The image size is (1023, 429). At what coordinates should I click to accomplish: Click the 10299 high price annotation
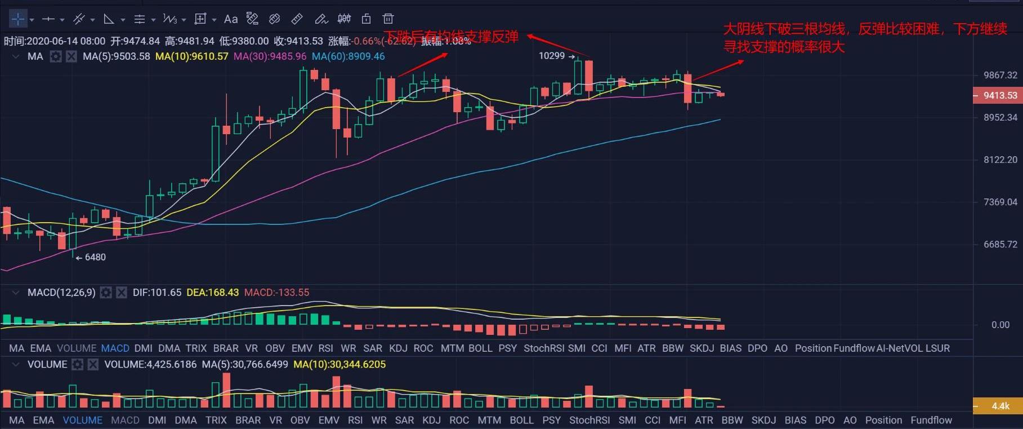point(552,56)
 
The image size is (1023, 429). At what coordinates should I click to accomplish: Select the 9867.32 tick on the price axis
point(1000,75)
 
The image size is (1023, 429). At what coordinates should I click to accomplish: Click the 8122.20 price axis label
point(1000,160)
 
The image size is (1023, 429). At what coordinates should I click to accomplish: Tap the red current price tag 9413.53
point(1000,95)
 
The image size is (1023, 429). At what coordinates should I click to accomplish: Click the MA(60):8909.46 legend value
point(348,56)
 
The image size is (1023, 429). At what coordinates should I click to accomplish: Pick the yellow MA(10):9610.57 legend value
point(191,56)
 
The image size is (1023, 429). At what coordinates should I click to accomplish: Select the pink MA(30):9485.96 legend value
point(270,56)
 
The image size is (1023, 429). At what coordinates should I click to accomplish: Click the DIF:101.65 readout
point(157,293)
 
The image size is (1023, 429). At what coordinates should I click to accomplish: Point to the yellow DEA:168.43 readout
point(212,293)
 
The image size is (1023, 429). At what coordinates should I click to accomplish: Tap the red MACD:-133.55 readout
point(276,293)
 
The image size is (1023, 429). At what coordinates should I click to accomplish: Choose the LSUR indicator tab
point(937,348)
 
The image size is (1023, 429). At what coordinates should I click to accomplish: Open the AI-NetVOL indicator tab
point(900,348)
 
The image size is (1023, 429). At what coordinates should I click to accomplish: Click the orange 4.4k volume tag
point(1000,406)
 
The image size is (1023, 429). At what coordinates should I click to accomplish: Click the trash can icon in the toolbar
point(388,19)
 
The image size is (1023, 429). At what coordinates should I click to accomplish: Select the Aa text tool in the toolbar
point(231,19)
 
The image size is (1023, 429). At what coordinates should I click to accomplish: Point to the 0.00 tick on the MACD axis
point(1000,325)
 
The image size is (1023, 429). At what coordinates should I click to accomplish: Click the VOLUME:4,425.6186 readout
point(150,365)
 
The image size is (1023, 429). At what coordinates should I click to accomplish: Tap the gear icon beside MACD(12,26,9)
point(106,293)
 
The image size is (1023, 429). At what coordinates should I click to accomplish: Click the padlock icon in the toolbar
point(366,19)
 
